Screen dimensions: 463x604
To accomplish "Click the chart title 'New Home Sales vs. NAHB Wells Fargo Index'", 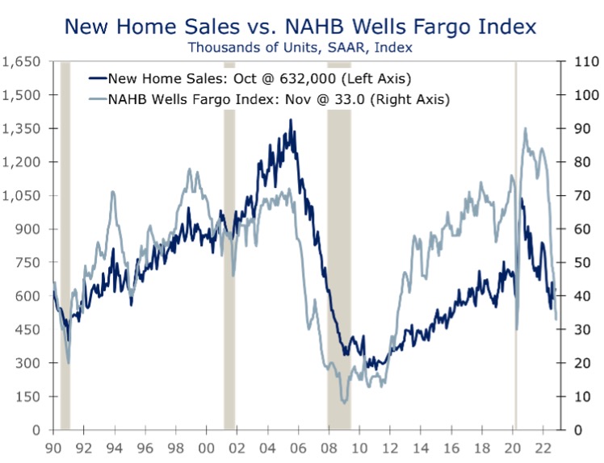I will tap(300, 27).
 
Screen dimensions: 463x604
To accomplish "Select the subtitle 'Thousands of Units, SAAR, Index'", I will tap(300, 48).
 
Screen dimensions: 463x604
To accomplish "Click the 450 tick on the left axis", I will tap(29, 329).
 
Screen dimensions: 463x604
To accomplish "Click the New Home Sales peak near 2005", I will tap(291, 120).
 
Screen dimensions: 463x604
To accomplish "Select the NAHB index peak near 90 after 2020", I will tap(526, 128).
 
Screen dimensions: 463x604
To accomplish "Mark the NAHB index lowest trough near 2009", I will tap(345, 401).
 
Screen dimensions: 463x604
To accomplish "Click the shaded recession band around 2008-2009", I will tap(339, 242).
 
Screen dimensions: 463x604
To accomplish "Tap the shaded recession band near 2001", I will tap(229, 242).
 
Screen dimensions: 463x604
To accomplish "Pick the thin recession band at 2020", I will tap(516, 242).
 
